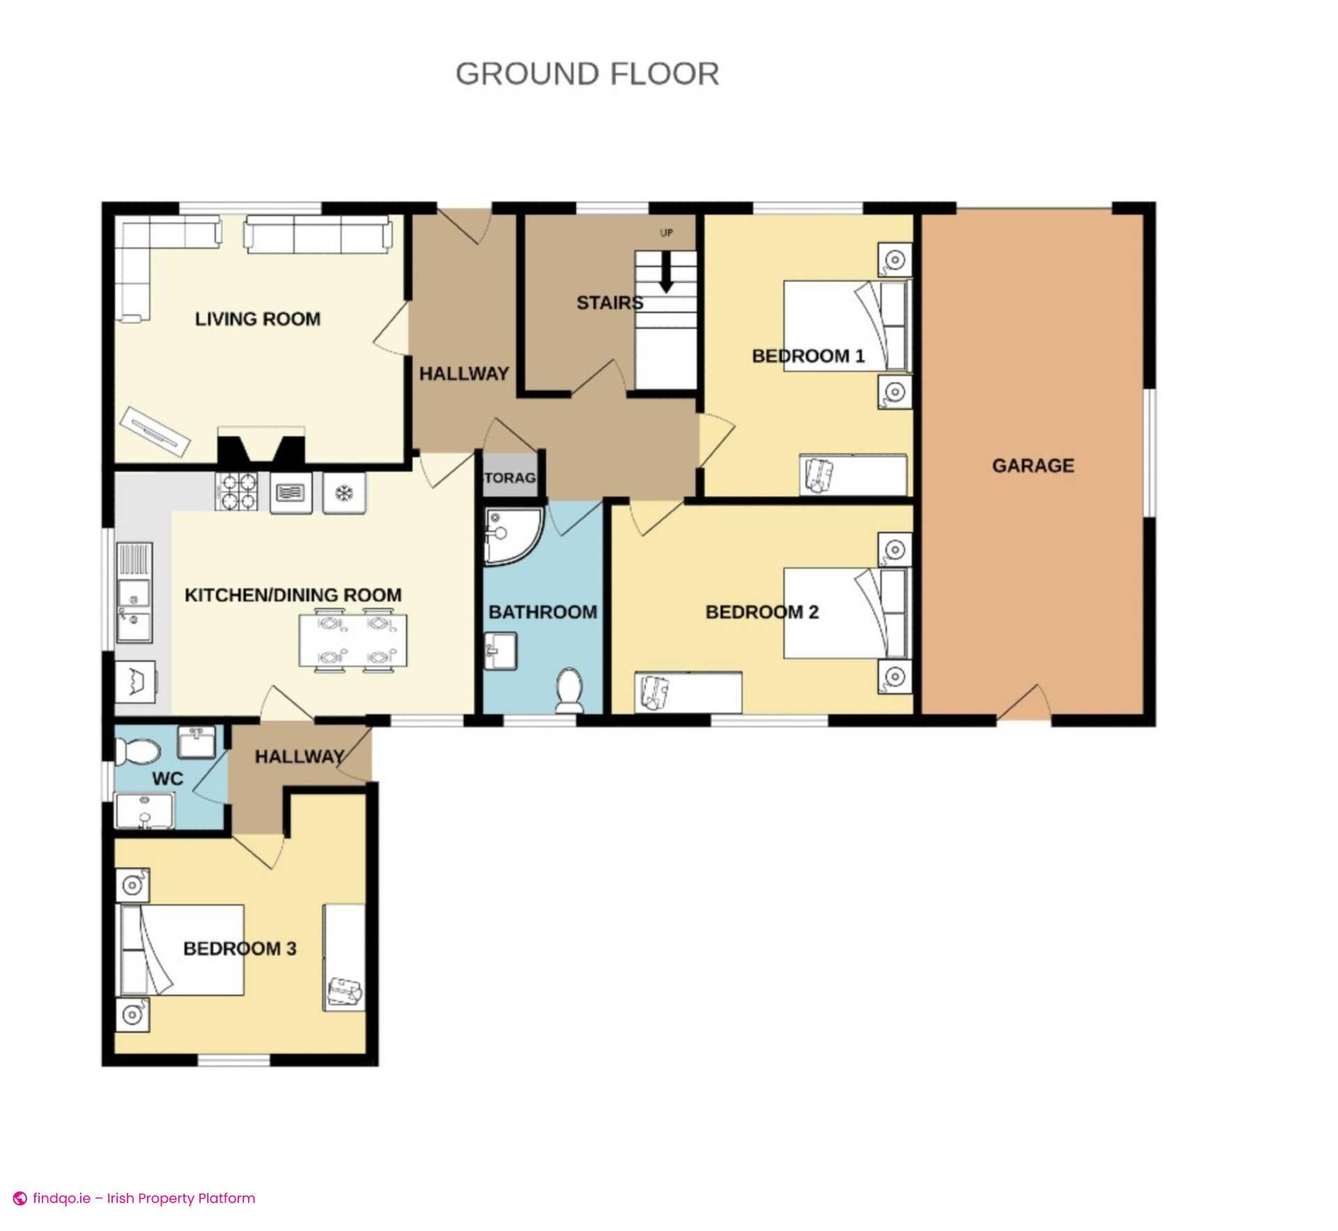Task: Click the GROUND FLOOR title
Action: coord(587,74)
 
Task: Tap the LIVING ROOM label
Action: coord(258,319)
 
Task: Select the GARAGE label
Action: coord(1033,466)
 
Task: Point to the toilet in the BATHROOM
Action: coord(570,691)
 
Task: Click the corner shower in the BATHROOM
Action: coord(511,535)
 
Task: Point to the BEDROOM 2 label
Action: coord(762,612)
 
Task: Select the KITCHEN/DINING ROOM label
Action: coord(293,595)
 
